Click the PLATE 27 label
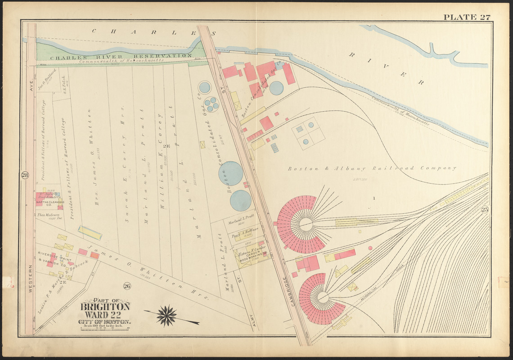coord(467,18)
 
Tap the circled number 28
coord(25,175)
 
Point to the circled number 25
coord(484,209)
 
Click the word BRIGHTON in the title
coord(105,307)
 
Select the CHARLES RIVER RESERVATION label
coord(114,56)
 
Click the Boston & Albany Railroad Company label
coord(372,168)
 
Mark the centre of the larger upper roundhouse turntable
coord(306,224)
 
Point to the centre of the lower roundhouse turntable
coord(322,297)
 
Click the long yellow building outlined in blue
coord(90,233)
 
